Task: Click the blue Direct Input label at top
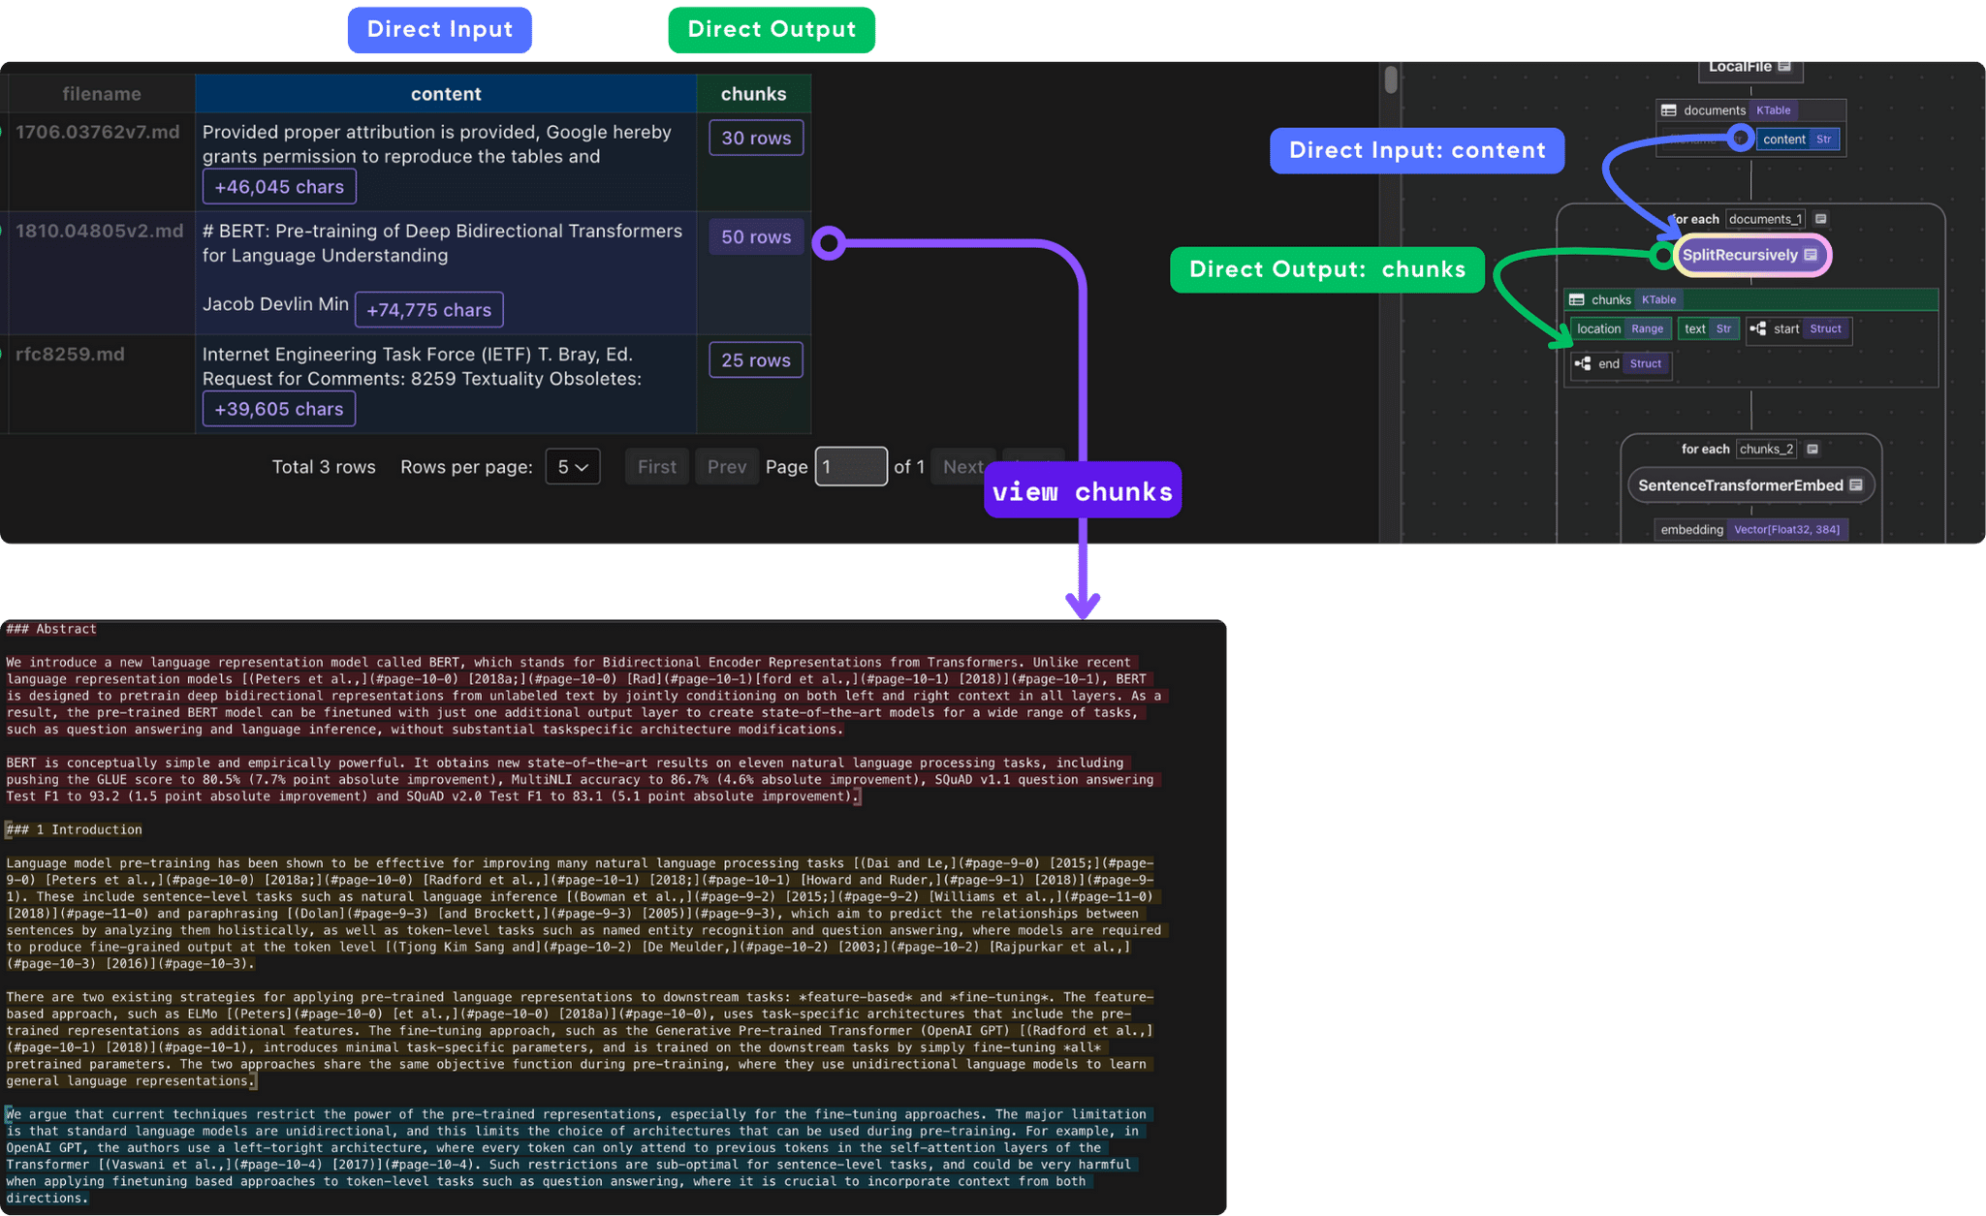tap(439, 30)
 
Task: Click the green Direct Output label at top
tap(772, 30)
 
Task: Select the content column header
tap(445, 94)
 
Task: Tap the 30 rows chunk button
tap(756, 139)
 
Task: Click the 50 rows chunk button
tap(756, 237)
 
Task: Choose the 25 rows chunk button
tap(756, 360)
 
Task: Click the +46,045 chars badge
tap(279, 187)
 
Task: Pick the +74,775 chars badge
tap(428, 310)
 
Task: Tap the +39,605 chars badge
tap(279, 409)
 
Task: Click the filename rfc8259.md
tap(70, 355)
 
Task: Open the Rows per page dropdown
tap(573, 467)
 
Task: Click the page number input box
tap(850, 467)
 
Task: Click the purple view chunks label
tap(1082, 491)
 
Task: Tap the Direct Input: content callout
tap(1416, 151)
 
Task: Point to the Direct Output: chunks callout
tap(1327, 269)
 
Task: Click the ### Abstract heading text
tap(51, 630)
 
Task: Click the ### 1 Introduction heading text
tap(75, 830)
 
